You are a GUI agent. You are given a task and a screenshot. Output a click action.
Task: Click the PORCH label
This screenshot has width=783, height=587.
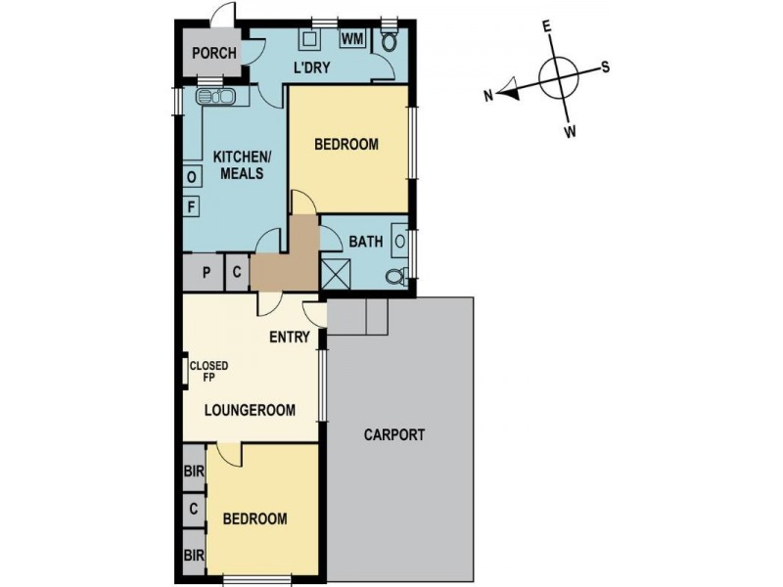(214, 53)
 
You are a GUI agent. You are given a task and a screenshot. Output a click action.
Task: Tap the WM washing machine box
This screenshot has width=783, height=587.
(352, 39)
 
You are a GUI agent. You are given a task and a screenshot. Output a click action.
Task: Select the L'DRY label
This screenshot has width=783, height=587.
(311, 68)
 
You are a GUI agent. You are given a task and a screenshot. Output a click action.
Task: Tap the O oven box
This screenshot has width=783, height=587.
(192, 176)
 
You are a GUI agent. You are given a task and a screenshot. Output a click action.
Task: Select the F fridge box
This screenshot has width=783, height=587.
(192, 205)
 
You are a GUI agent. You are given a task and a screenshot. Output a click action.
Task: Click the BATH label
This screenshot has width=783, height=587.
(365, 239)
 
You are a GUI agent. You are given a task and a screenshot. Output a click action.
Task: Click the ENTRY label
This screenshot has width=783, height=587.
(290, 338)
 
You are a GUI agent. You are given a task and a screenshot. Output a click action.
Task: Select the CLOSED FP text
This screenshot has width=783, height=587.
(214, 371)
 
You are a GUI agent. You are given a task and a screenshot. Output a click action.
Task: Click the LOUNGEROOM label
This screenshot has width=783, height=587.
(250, 411)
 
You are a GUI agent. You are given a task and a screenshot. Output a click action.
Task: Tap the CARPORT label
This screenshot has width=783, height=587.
(393, 435)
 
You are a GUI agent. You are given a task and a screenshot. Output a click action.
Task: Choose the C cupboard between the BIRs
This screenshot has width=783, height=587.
(194, 509)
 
